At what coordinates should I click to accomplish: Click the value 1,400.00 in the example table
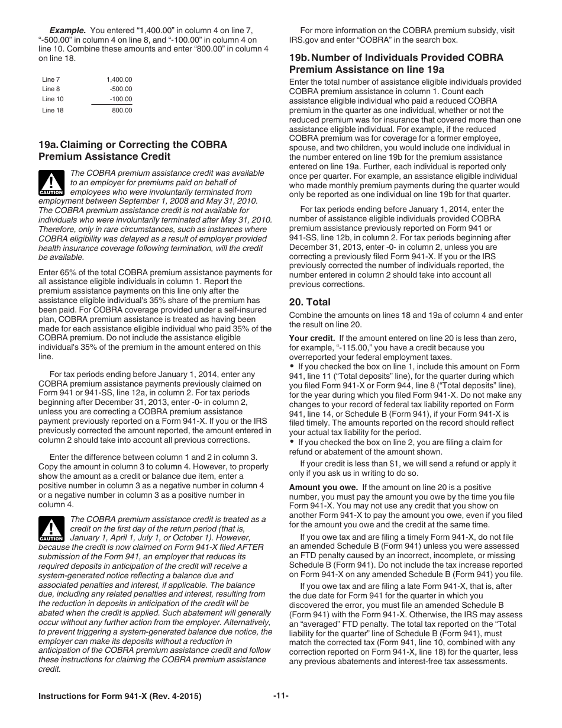click(x=119, y=79)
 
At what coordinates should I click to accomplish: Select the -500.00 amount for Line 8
click(x=121, y=89)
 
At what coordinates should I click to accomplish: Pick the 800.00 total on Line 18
click(x=122, y=110)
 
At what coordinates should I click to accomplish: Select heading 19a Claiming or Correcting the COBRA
click(x=133, y=144)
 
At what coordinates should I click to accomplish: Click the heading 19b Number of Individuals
click(x=396, y=58)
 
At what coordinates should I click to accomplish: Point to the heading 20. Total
click(x=310, y=302)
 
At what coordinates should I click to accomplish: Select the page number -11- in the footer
click(x=281, y=696)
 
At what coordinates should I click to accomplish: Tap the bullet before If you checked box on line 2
click(x=292, y=442)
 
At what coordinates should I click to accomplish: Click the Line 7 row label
click(x=51, y=79)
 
